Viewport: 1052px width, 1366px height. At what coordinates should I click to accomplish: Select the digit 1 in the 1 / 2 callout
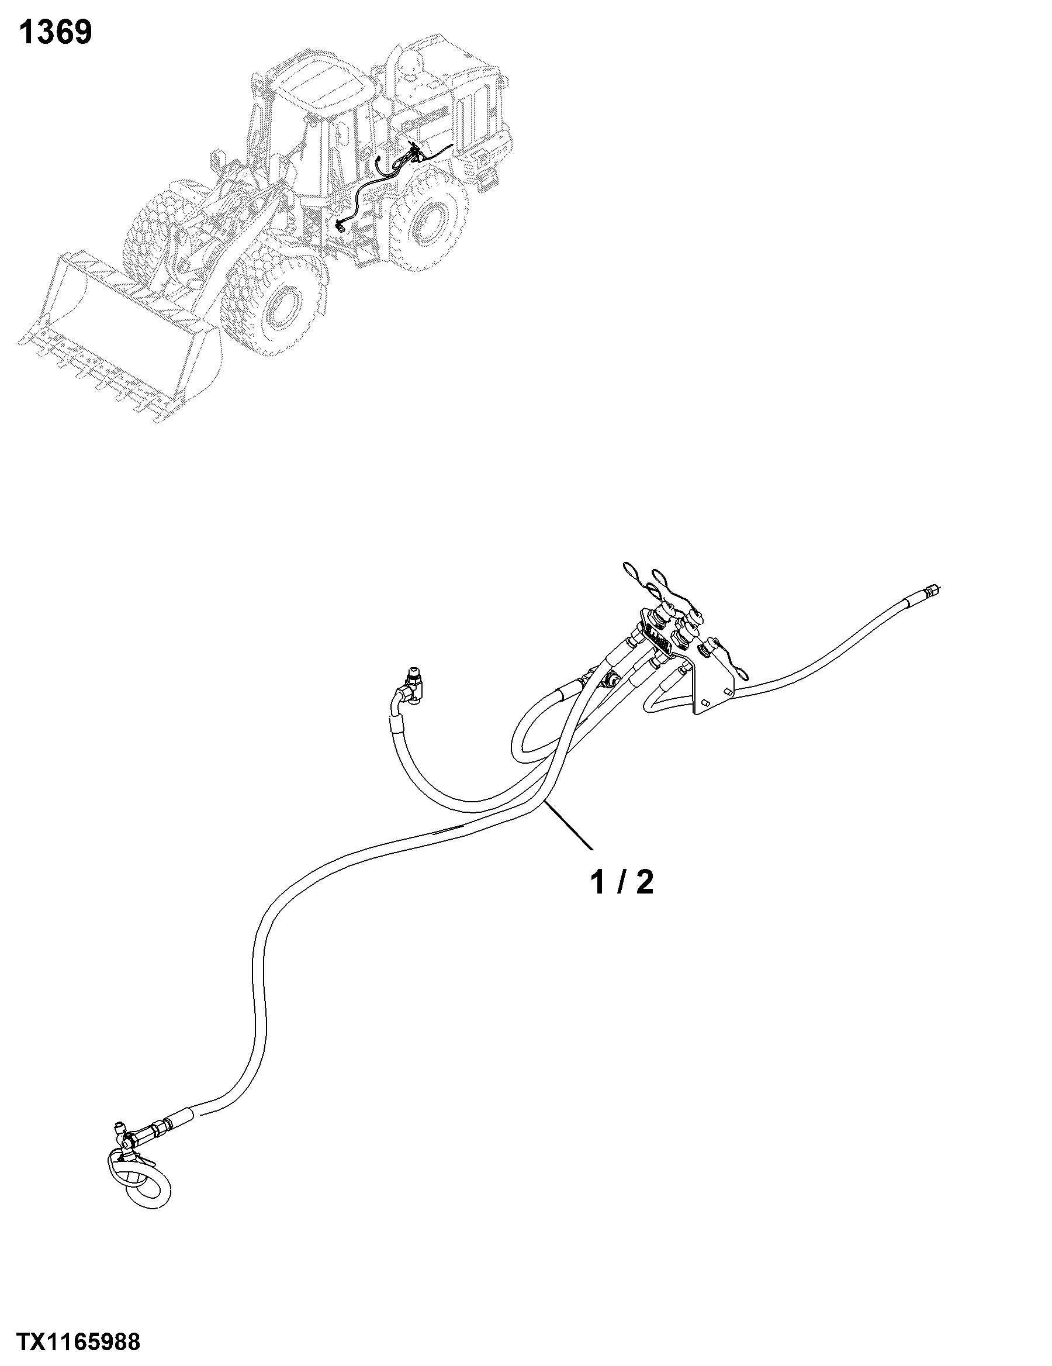pyautogui.click(x=599, y=882)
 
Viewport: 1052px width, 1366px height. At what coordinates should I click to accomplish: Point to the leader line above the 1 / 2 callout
pyautogui.click(x=569, y=825)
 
